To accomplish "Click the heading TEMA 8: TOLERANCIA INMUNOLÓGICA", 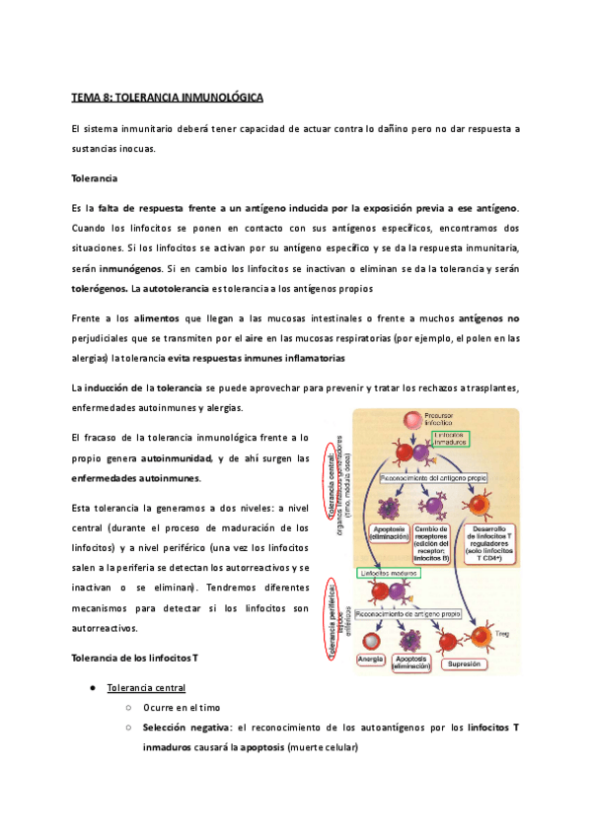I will click(x=166, y=99).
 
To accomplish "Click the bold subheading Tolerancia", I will click(x=95, y=179).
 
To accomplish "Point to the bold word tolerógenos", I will click(x=100, y=289).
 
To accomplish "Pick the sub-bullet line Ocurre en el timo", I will click(x=182, y=708).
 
